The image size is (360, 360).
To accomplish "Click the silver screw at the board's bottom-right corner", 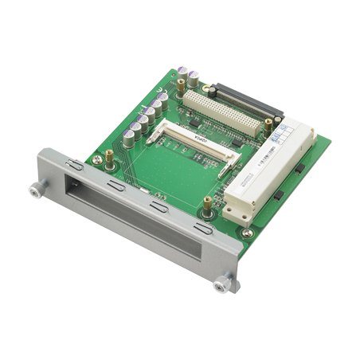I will point(247,233).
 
